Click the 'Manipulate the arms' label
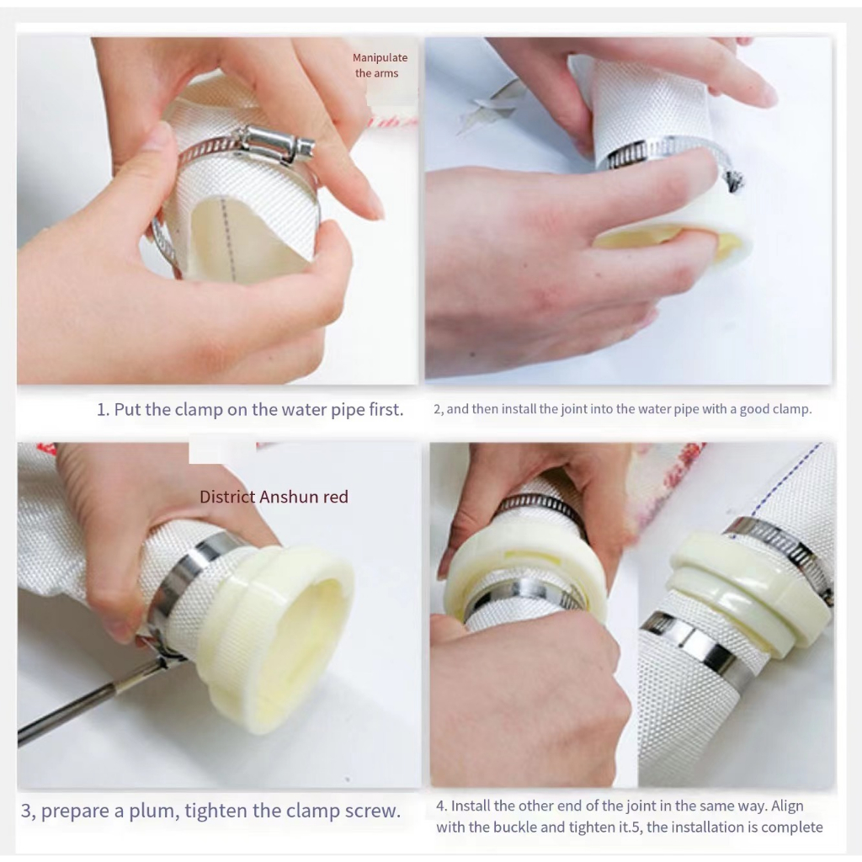point(380,66)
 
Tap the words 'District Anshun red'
point(274,497)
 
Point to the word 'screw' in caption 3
point(370,811)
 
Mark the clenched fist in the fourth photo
point(528,687)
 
